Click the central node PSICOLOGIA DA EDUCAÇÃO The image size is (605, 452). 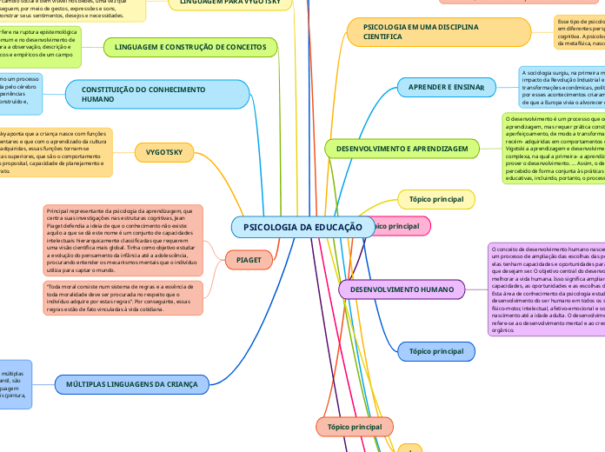(x=302, y=227)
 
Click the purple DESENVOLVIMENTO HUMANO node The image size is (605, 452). (x=402, y=288)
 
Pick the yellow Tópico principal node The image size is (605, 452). (x=436, y=199)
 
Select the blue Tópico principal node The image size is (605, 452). (x=436, y=351)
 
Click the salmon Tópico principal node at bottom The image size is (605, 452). (x=354, y=427)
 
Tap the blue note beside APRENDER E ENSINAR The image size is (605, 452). (x=562, y=86)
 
